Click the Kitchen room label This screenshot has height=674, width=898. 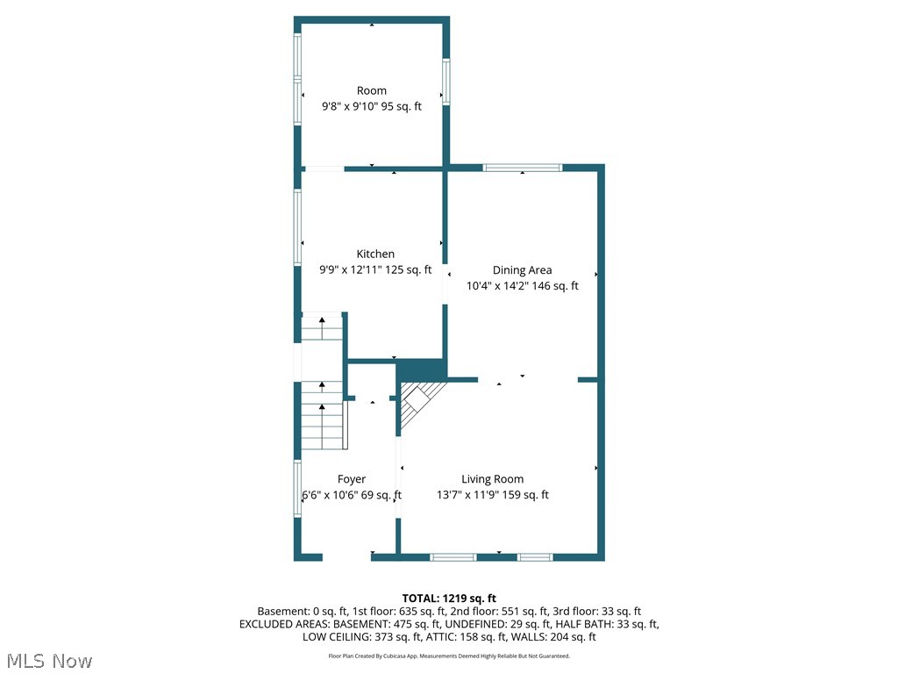375,254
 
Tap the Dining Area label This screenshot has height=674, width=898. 522,270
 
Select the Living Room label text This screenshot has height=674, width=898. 492,479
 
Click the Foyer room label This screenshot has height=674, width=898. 351,479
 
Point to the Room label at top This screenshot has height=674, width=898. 371,90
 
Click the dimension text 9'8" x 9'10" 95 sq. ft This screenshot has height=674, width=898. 371,106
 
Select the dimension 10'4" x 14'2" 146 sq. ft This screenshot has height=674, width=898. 522,286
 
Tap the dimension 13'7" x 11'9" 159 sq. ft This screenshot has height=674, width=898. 492,495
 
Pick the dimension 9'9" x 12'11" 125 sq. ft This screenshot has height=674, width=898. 375,269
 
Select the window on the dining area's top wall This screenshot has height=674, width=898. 523,167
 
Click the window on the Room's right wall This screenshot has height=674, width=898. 445,81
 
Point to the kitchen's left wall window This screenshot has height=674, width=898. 297,228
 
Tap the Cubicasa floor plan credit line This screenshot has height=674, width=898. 449,656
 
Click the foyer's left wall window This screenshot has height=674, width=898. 297,489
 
